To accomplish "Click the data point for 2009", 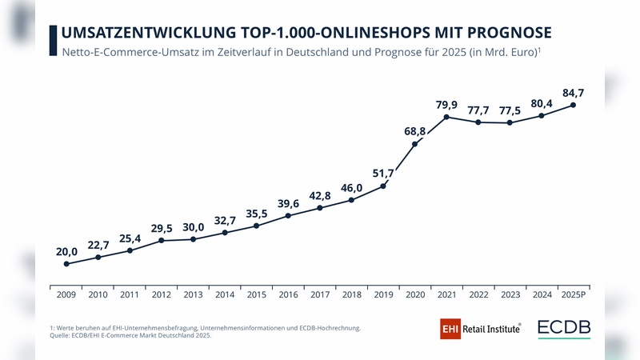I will (66, 264).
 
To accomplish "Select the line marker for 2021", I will (446, 117).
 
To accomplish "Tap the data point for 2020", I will (414, 144).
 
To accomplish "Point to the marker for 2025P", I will (573, 105).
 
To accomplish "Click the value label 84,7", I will (573, 93).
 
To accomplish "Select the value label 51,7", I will (383, 173).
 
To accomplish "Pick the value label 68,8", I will (414, 130).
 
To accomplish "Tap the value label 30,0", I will (193, 227).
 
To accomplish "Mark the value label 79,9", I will (446, 104).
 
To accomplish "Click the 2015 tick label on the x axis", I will (256, 294).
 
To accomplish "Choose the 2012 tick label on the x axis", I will (161, 294).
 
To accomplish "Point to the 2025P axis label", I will (573, 294).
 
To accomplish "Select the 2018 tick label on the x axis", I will (351, 294).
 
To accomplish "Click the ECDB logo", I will (565, 328).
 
